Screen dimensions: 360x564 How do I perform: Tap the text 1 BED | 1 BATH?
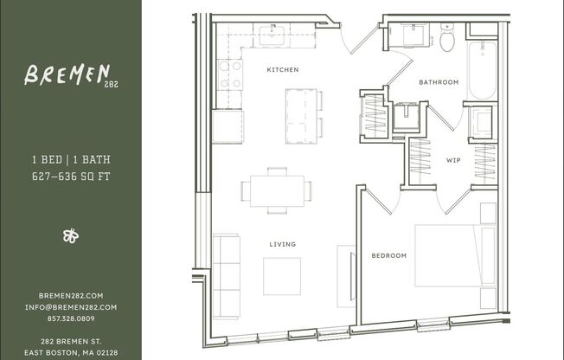point(71,160)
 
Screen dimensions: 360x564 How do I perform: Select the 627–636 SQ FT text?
point(71,176)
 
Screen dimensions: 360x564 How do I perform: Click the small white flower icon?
point(71,235)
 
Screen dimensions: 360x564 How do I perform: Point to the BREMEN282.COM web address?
point(71,296)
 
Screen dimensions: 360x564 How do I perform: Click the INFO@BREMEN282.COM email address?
point(71,306)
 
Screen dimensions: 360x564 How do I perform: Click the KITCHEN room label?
point(283,69)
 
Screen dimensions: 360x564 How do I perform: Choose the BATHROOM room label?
point(439,82)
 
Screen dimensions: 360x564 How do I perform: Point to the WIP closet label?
point(453,160)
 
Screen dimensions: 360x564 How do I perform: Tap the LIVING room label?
point(282,244)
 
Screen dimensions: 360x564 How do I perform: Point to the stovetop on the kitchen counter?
point(231,74)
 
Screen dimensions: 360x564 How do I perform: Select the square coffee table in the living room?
point(282,276)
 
